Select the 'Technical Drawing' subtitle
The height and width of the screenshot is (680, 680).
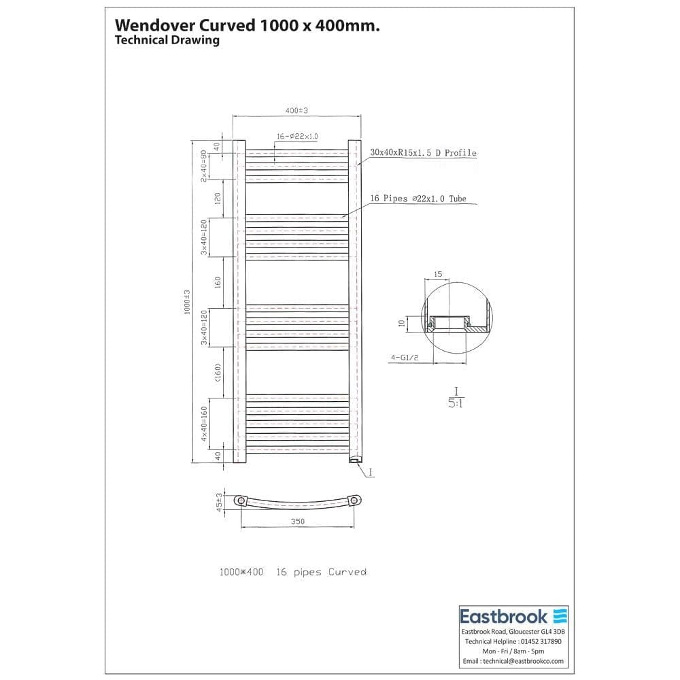coord(167,40)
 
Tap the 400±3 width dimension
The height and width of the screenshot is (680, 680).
coord(296,110)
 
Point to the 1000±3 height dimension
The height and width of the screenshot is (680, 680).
coord(186,301)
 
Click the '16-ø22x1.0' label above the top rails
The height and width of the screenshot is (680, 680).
coord(298,137)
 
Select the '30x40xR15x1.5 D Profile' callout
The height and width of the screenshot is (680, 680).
coord(423,153)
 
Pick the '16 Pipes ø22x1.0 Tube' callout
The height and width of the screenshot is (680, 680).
coord(418,199)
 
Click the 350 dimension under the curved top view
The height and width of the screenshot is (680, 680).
coord(297,522)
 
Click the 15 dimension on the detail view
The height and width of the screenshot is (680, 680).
coord(438,274)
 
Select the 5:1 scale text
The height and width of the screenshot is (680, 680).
coord(456,403)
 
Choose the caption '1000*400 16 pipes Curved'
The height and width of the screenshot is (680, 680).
coord(292,573)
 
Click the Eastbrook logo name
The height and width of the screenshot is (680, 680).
coord(504,617)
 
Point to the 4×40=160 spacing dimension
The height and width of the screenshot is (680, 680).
coord(204,424)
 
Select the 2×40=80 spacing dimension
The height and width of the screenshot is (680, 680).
coord(204,166)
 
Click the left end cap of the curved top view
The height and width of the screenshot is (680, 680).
coord(241,501)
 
